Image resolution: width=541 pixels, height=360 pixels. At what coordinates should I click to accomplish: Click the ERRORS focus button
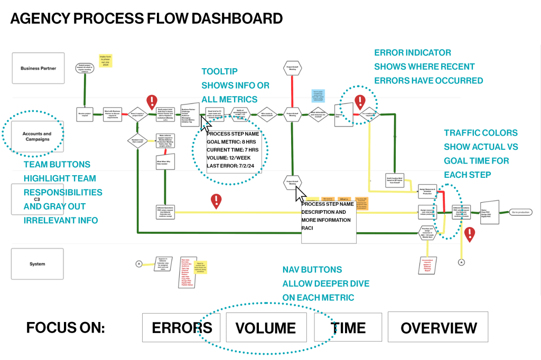click(182, 328)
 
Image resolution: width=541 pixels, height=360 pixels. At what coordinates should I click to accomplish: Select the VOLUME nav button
click(266, 328)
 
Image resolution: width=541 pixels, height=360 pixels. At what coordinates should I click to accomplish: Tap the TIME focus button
click(348, 328)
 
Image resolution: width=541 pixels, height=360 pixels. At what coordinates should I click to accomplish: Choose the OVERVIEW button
click(438, 328)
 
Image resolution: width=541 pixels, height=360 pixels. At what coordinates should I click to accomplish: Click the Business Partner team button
click(38, 68)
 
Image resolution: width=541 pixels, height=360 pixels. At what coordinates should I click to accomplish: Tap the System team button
click(38, 264)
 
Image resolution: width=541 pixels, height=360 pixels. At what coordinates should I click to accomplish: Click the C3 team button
click(37, 200)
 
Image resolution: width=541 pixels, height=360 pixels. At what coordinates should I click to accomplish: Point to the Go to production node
click(520, 212)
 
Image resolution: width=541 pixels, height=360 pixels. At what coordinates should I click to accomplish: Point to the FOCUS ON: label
click(66, 328)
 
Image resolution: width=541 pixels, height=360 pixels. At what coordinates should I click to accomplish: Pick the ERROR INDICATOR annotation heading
click(413, 53)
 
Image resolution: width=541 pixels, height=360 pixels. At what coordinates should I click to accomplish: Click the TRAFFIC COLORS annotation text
click(480, 133)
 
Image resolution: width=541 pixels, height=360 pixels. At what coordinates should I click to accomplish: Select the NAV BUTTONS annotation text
click(312, 270)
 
